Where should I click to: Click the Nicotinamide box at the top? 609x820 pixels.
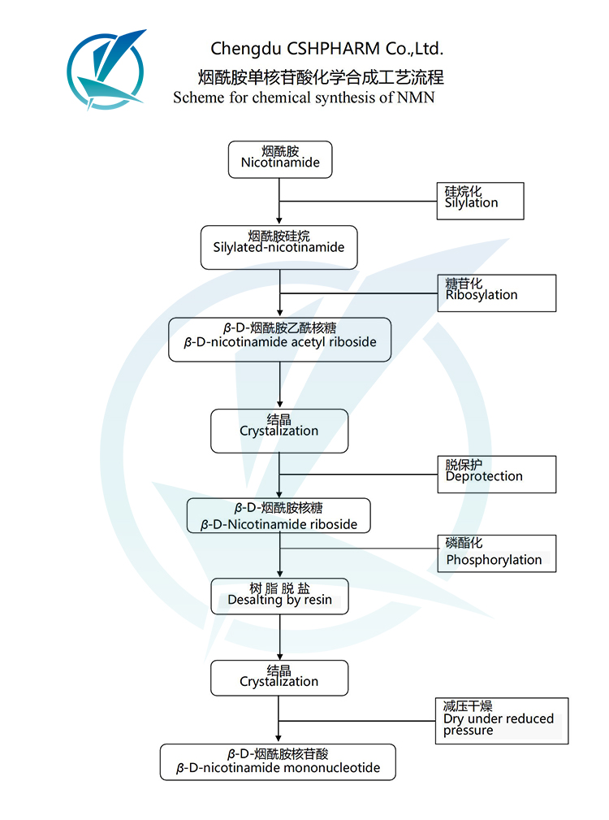coord(280,158)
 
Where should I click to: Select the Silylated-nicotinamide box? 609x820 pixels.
coord(279,247)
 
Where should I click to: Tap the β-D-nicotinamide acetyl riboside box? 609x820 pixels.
coord(279,339)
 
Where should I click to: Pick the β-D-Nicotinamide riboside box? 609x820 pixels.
coord(279,515)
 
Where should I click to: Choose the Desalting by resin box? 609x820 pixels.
coord(279,597)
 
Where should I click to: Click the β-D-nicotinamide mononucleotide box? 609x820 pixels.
coord(278,762)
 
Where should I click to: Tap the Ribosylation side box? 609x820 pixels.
coord(496,293)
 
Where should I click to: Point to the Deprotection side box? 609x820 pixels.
coord(496,474)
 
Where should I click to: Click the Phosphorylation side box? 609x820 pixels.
coord(496,553)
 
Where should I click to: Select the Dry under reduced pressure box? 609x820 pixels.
coord(500,721)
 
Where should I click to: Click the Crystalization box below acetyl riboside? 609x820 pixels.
coord(279,431)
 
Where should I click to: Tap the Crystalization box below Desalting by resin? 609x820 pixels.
coord(279,678)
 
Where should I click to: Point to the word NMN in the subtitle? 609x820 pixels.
coord(417,98)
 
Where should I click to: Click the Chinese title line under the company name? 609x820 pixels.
coord(321,77)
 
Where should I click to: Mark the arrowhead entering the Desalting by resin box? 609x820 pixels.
coord(280,573)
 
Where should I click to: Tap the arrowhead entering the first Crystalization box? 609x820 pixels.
coord(280,404)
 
